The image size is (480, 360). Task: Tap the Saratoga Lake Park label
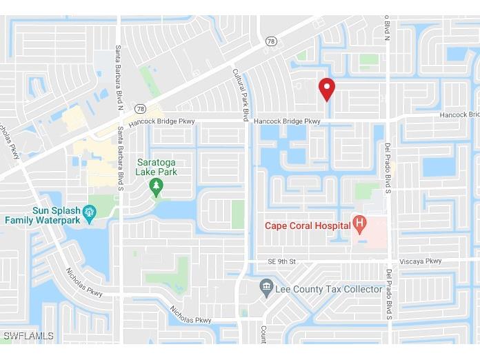[x=157, y=167]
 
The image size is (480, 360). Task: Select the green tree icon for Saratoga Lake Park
[x=157, y=186]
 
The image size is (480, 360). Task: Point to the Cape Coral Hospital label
[x=308, y=224]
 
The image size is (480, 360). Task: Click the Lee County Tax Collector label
[x=328, y=289]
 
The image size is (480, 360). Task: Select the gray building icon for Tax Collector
[x=266, y=286]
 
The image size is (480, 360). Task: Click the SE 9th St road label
[x=281, y=261]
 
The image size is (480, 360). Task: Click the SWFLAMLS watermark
[x=28, y=336]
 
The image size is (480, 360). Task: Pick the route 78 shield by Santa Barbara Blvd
[x=141, y=108]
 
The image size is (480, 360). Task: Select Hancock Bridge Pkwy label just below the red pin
[x=287, y=121]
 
